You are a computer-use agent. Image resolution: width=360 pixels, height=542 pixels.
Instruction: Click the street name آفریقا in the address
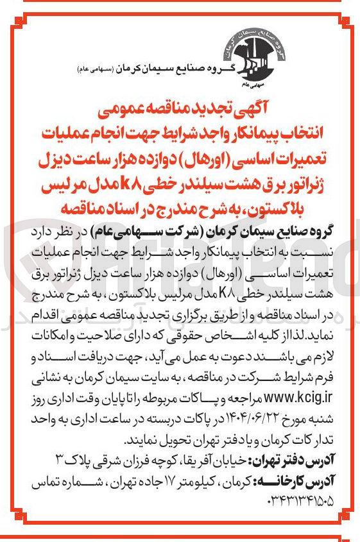coord(189,459)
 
